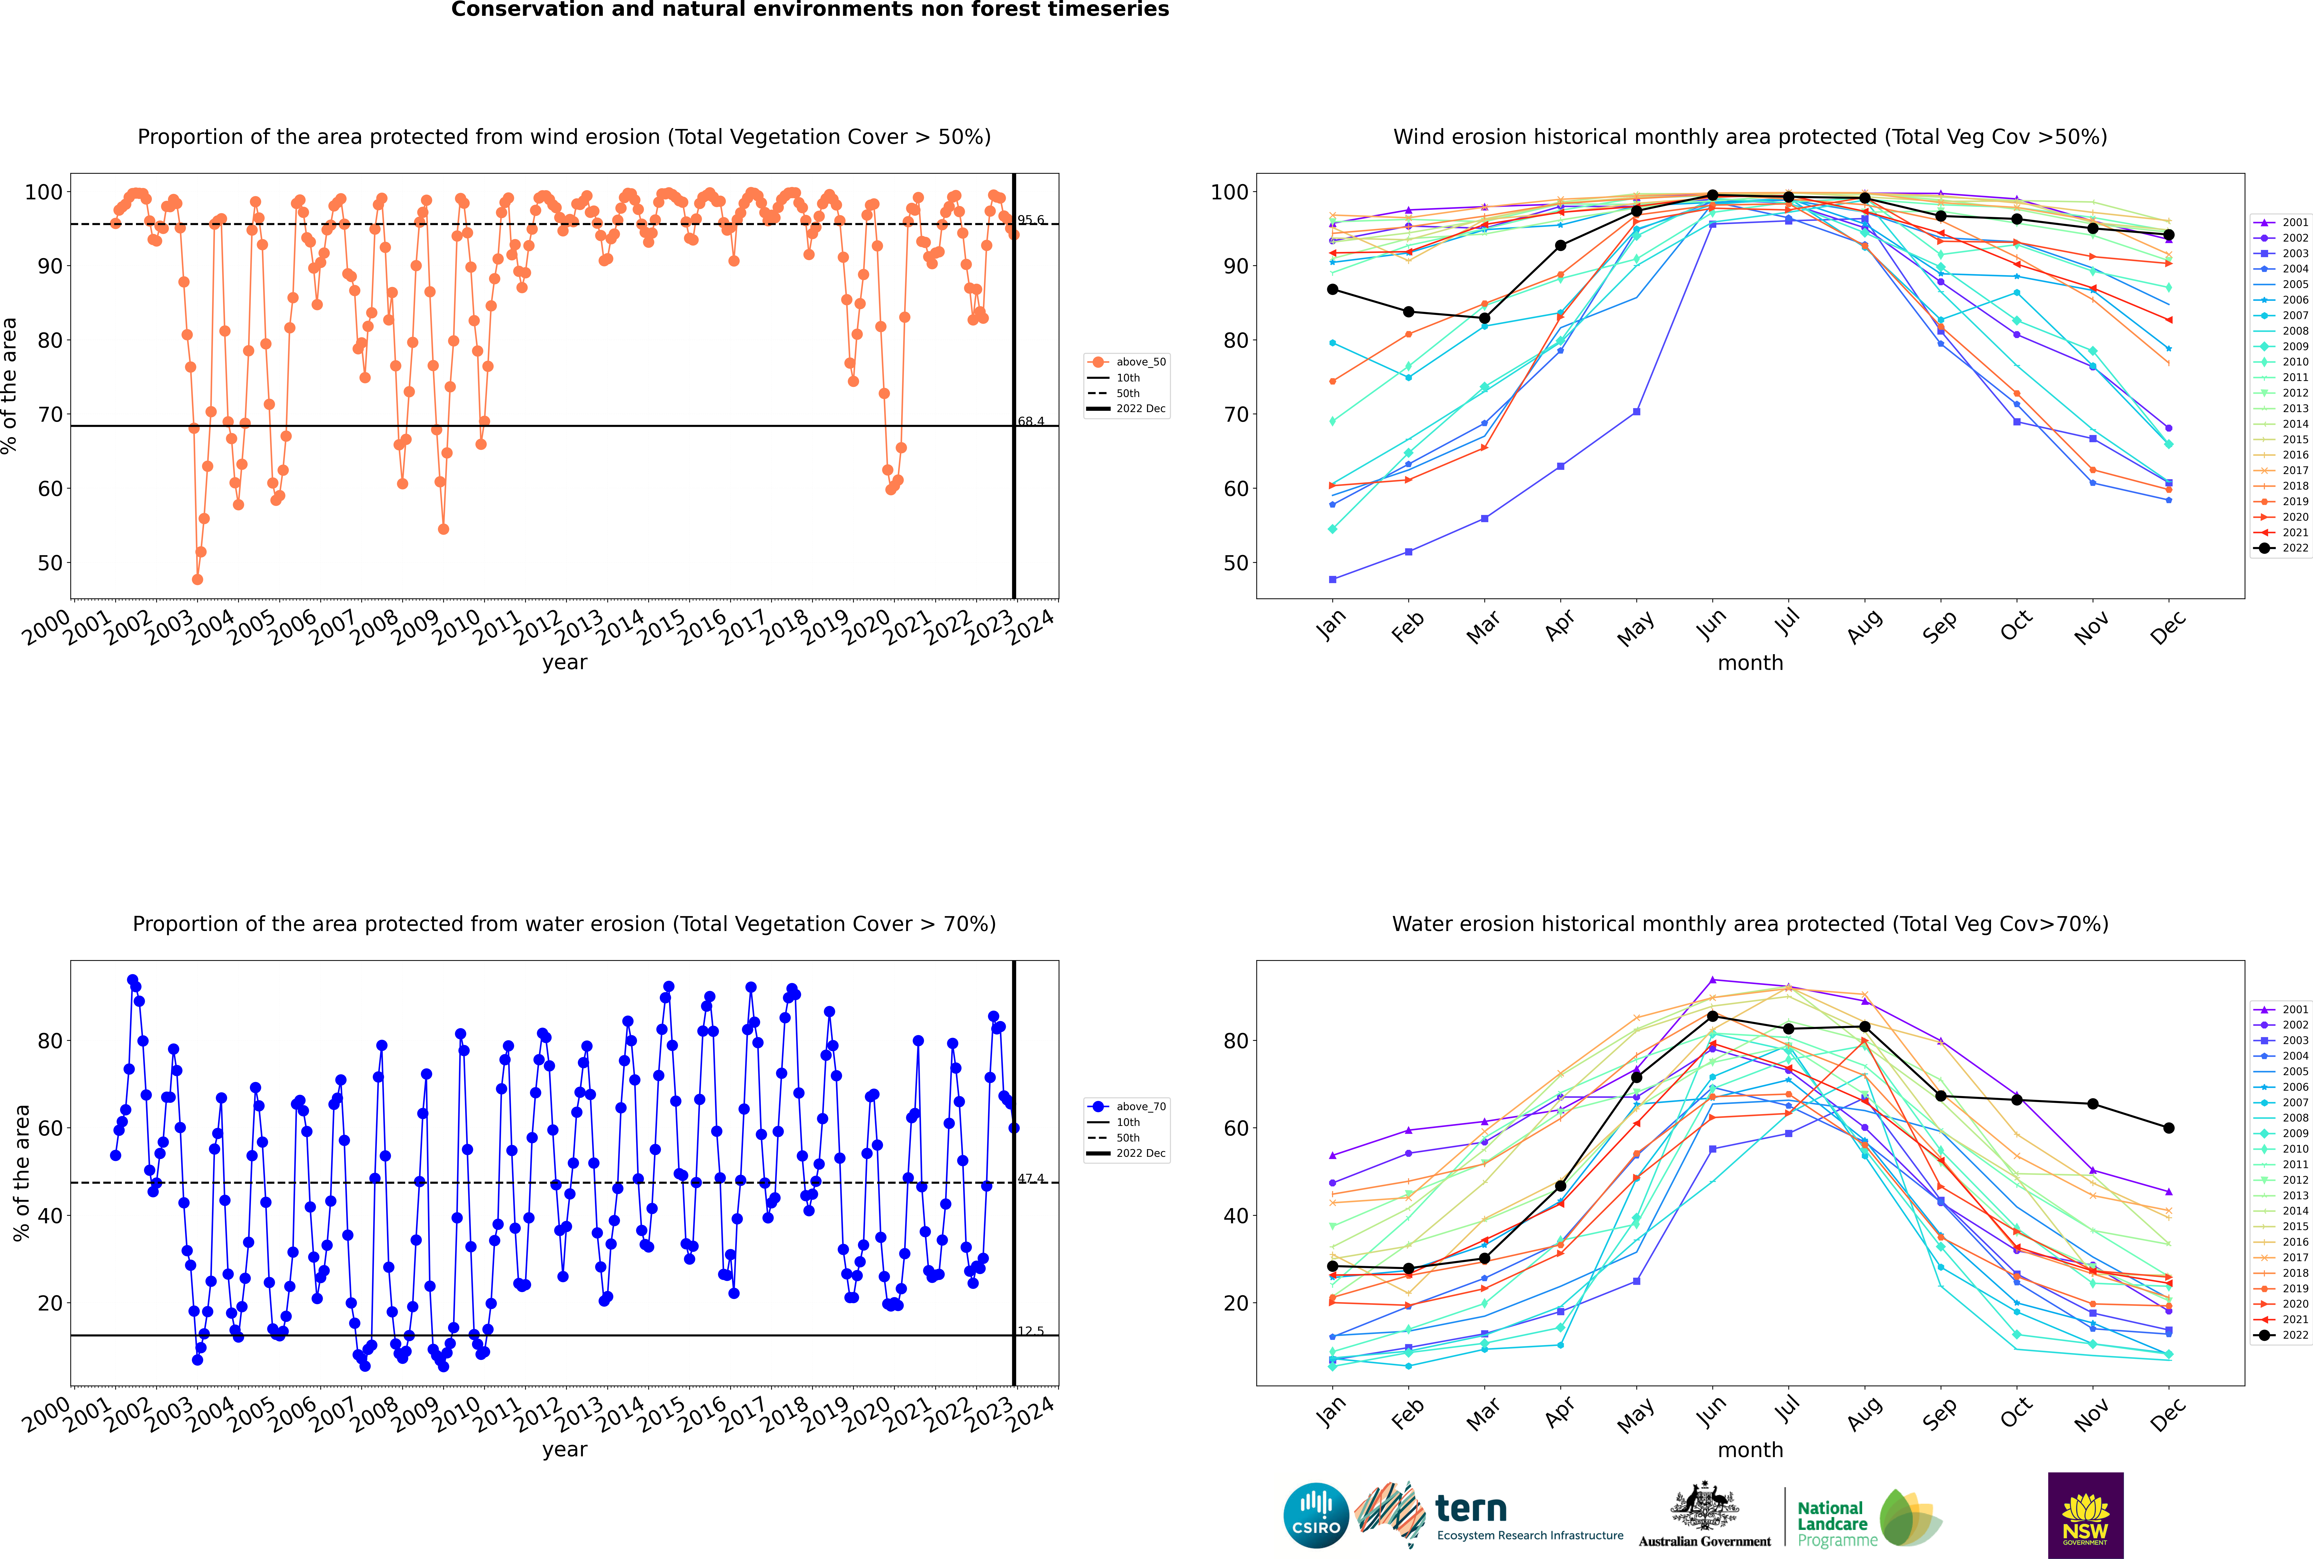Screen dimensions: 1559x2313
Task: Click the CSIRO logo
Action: (x=1316, y=1515)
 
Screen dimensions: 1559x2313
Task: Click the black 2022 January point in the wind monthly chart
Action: (x=1333, y=289)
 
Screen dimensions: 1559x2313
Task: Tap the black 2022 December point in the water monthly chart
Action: (x=2169, y=1128)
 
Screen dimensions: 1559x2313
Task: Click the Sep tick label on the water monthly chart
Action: (x=1939, y=1413)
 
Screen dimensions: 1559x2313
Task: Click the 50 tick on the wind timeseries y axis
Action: (x=50, y=563)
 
